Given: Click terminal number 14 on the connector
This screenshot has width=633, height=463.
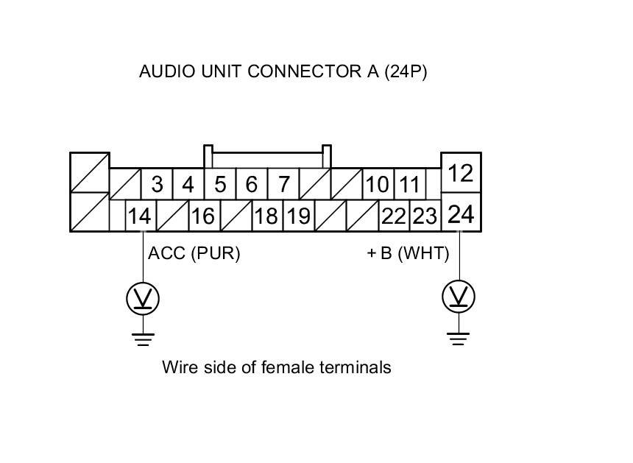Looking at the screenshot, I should [139, 217].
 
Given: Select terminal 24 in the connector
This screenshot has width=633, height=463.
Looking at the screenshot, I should [461, 215].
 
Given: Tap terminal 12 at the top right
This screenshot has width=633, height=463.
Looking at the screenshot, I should [461, 174].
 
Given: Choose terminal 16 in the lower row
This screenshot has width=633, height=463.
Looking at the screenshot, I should [202, 217].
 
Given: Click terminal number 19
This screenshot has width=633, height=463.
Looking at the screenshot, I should [298, 217].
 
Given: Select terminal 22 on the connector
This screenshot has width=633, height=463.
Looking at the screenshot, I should [394, 217].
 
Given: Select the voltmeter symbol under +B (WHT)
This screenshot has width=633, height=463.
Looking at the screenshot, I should [458, 297].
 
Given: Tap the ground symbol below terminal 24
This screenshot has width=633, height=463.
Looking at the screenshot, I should [458, 339].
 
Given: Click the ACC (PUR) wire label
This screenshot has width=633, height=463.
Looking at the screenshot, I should [194, 254].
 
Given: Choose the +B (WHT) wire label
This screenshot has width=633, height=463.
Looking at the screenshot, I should [407, 254].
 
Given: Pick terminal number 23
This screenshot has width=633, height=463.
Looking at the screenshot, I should [424, 217].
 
